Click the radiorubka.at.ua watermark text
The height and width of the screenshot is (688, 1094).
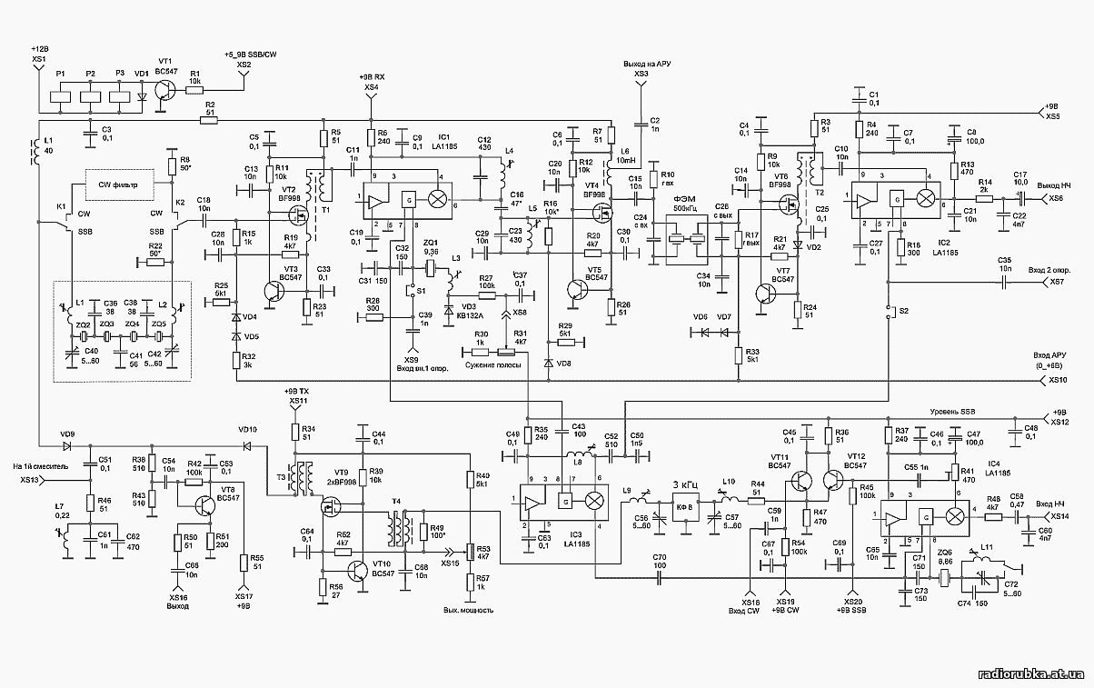[1030, 673]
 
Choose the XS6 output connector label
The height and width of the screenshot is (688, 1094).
[1055, 198]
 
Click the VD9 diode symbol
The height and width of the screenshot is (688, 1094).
[67, 446]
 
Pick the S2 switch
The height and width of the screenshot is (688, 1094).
[890, 310]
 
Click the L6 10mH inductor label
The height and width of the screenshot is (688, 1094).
[625, 155]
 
